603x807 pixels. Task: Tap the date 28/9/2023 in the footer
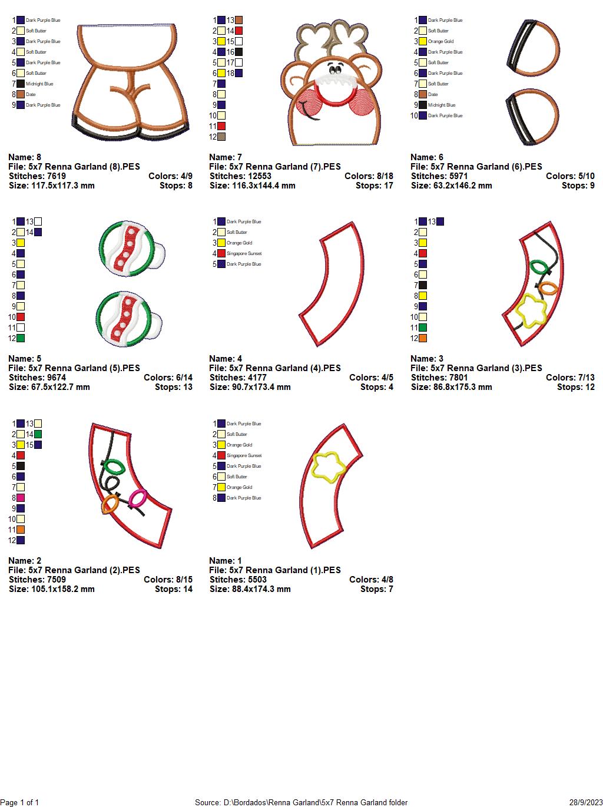[586, 802]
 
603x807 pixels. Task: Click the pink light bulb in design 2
[138, 500]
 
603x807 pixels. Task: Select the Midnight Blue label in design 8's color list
[39, 84]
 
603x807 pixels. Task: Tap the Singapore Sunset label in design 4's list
[244, 254]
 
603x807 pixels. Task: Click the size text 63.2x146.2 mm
[451, 186]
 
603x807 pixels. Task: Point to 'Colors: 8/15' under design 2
[168, 580]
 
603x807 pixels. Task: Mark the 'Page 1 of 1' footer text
[19, 802]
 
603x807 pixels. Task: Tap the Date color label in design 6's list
[433, 95]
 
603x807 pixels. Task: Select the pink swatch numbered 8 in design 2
[21, 498]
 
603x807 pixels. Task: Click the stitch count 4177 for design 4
[254, 378]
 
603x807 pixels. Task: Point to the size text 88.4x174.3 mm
[250, 589]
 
